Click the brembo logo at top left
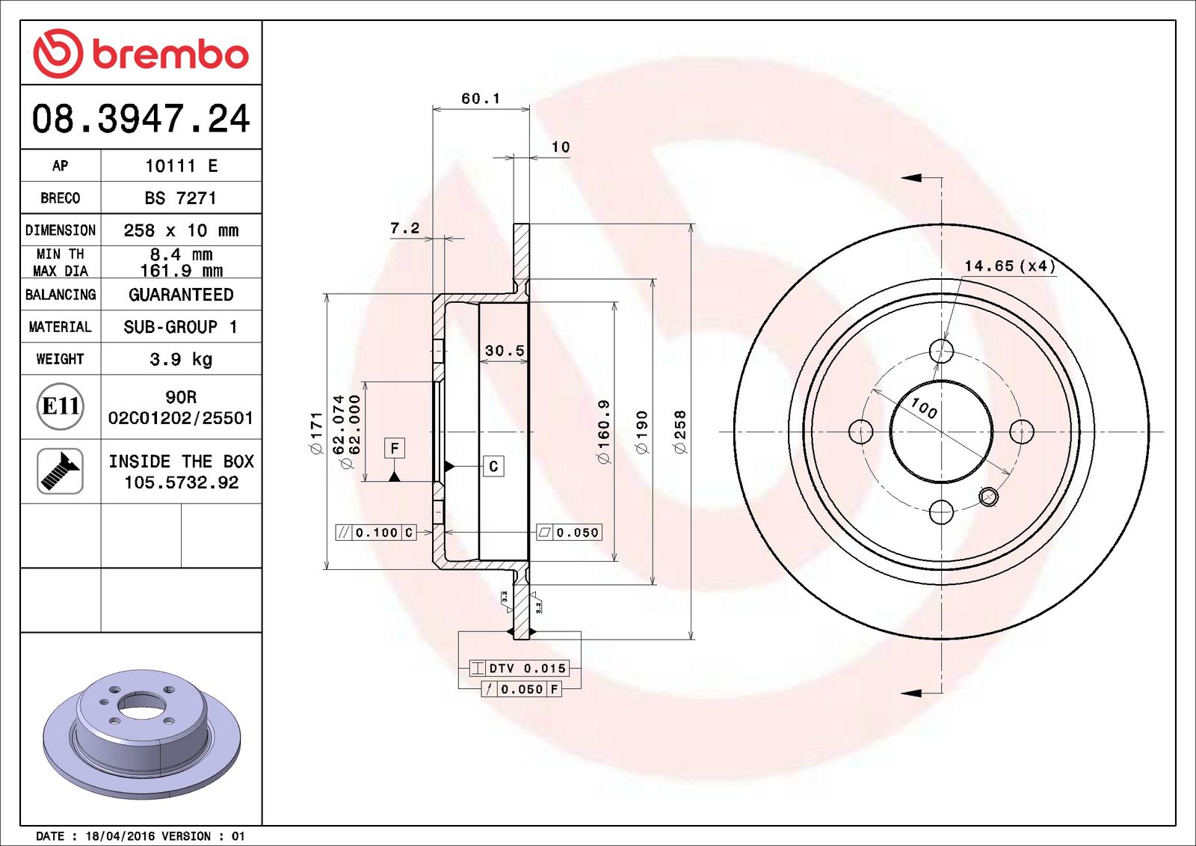(141, 54)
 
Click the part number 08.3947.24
(141, 119)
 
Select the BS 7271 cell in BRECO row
(181, 198)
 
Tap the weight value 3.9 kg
(181, 359)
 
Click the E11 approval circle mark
(61, 406)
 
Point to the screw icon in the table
(61, 471)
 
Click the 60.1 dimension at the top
(481, 99)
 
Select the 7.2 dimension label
(405, 228)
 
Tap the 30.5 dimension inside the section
(505, 350)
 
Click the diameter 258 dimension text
(679, 432)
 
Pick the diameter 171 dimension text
(316, 432)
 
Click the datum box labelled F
(395, 448)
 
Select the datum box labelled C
(493, 466)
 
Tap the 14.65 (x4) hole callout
(1009, 266)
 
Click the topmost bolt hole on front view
(941, 350)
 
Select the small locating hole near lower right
(988, 496)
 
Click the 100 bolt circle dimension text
(924, 408)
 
